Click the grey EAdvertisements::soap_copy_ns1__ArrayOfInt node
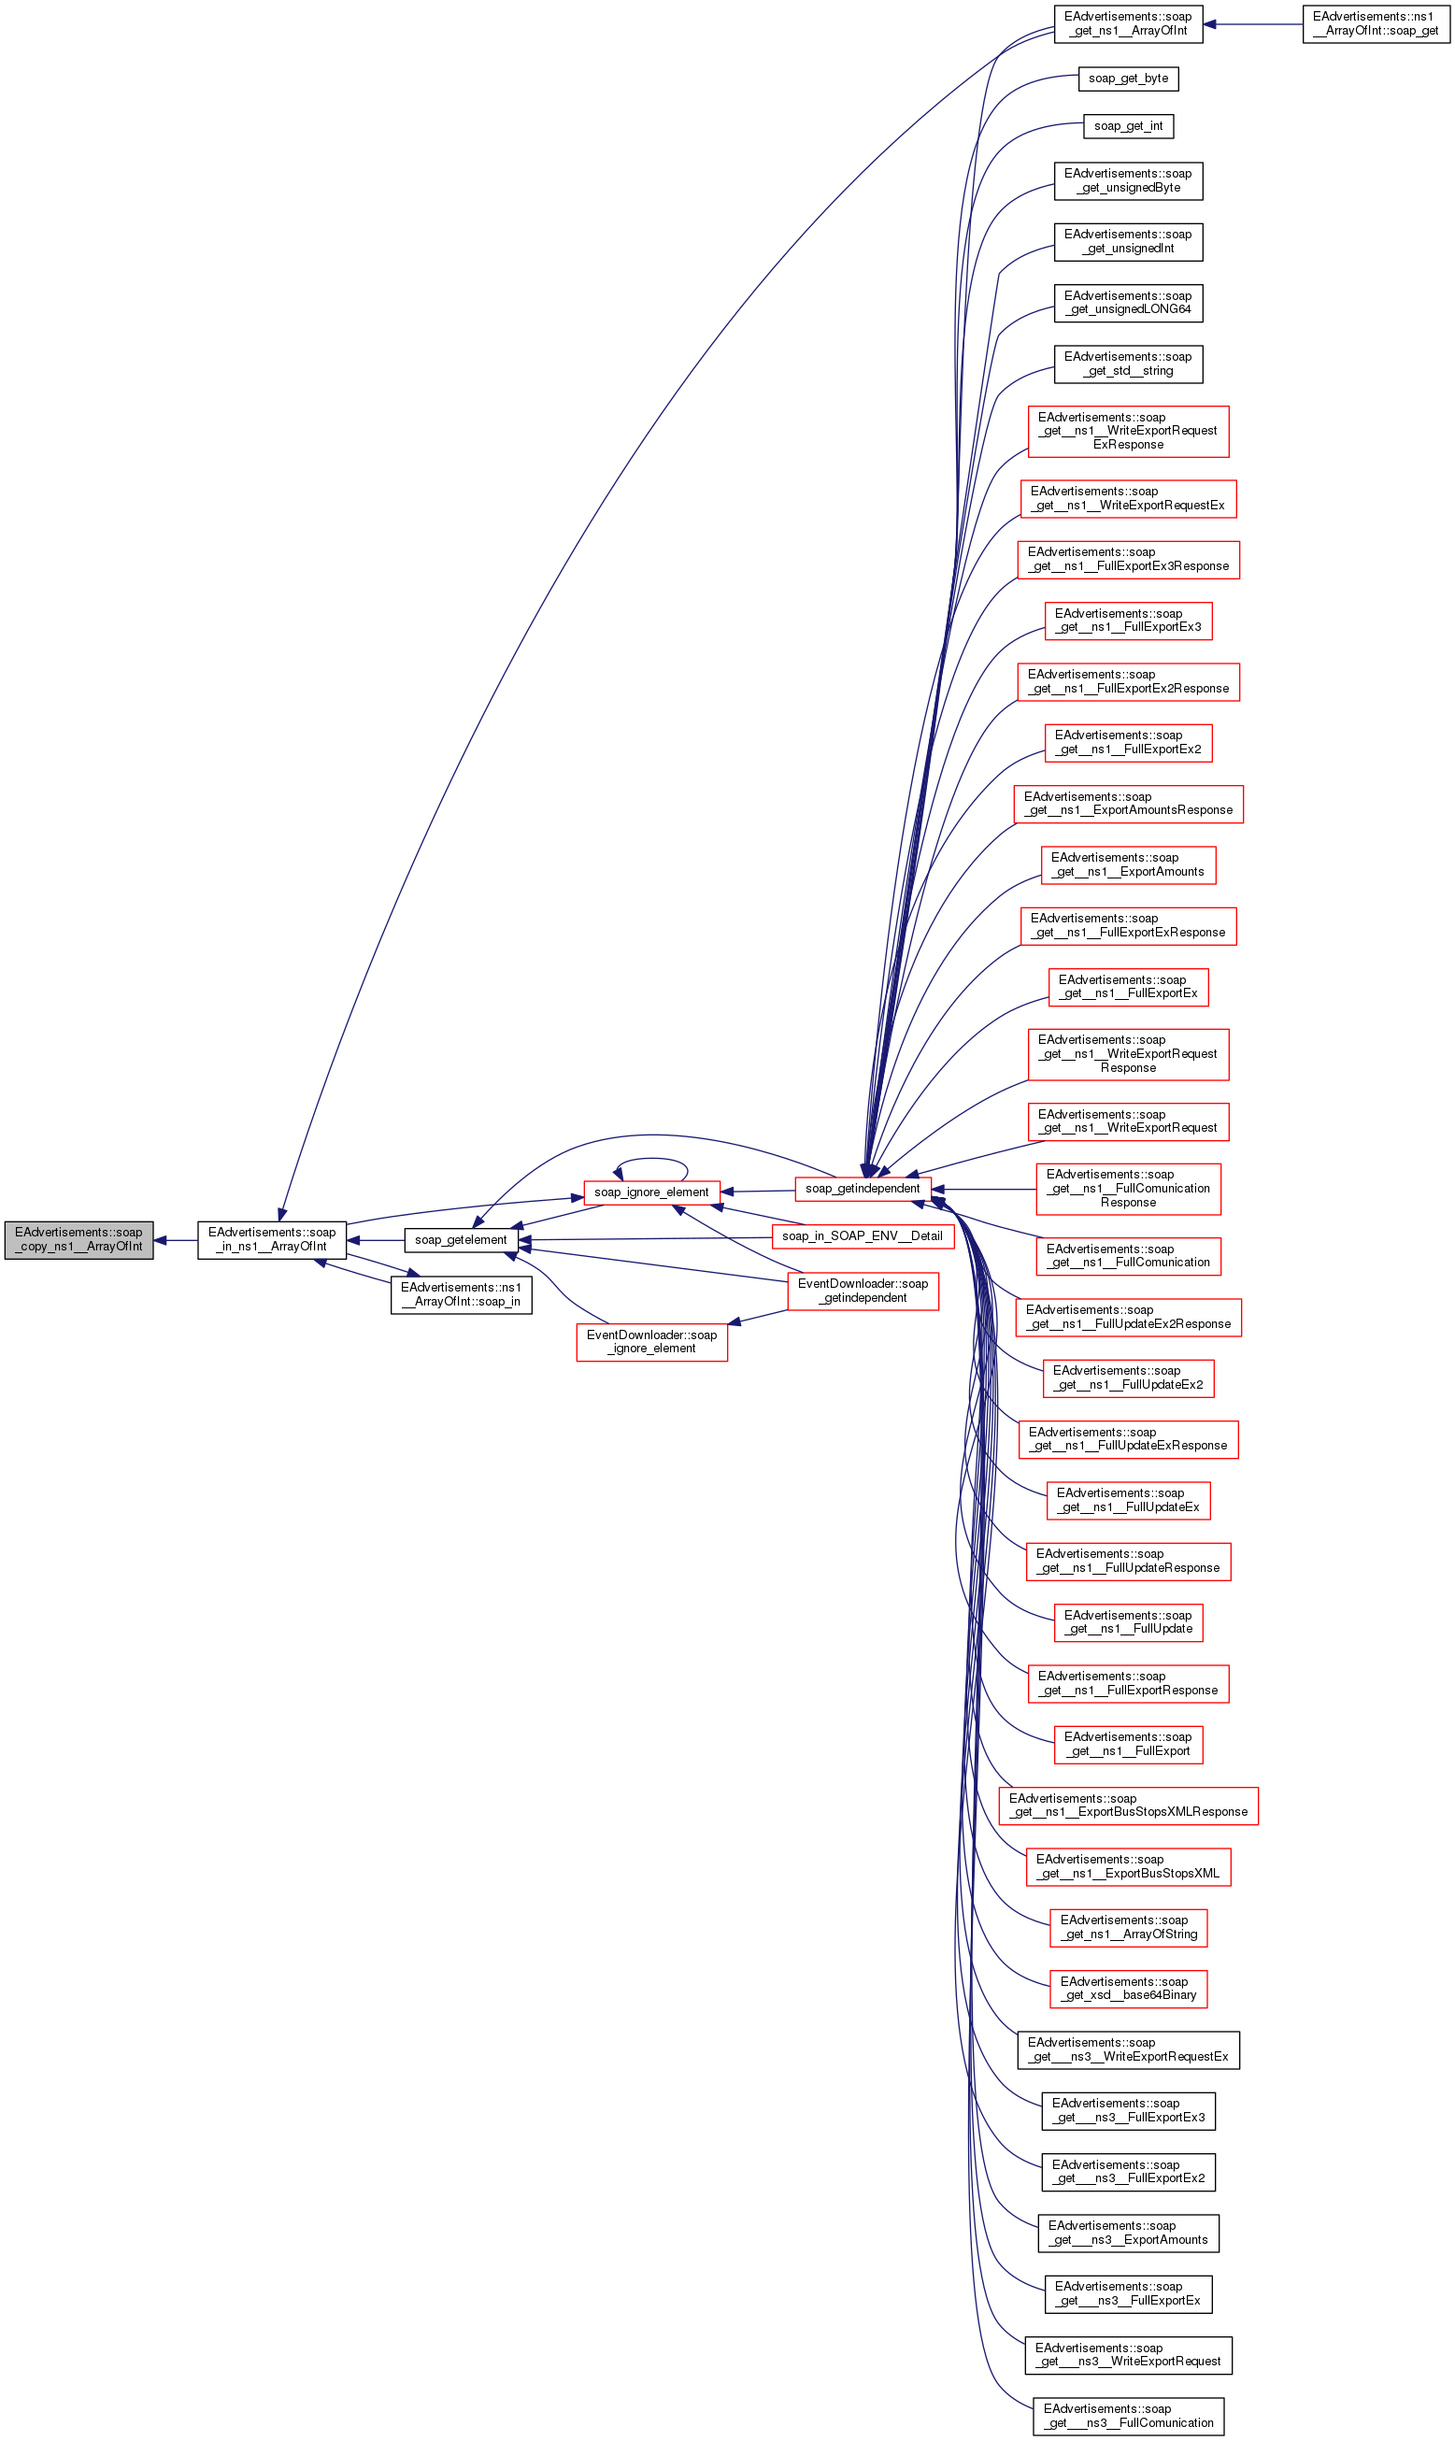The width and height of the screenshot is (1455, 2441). point(78,1240)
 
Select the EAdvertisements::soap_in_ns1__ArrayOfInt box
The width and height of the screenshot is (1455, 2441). point(272,1240)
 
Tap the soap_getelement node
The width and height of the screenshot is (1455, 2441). point(461,1240)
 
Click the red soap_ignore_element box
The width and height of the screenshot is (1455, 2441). point(651,1192)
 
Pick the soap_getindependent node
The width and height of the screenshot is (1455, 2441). point(862,1189)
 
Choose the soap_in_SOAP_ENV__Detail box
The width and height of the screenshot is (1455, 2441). point(862,1236)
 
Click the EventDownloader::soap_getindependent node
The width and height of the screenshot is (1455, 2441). point(863,1292)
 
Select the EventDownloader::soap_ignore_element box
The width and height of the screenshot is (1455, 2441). point(651,1342)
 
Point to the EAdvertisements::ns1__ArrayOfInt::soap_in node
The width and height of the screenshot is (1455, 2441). point(461,1295)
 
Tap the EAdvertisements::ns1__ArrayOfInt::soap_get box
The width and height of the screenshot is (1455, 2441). point(1376,24)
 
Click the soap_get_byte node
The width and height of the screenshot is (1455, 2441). point(1128,79)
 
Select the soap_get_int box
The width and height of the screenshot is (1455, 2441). point(1128,126)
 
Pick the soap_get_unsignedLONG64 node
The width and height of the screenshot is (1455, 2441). point(1128,303)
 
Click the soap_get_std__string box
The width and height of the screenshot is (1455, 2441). point(1128,364)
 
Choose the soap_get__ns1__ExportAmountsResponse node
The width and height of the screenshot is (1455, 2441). point(1128,804)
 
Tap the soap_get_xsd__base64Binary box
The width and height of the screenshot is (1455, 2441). point(1128,1989)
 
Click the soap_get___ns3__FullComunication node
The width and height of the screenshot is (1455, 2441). point(1128,2416)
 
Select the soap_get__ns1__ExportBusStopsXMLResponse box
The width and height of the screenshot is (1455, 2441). point(1128,1806)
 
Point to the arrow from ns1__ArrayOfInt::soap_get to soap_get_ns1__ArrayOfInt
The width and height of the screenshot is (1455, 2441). point(1252,24)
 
